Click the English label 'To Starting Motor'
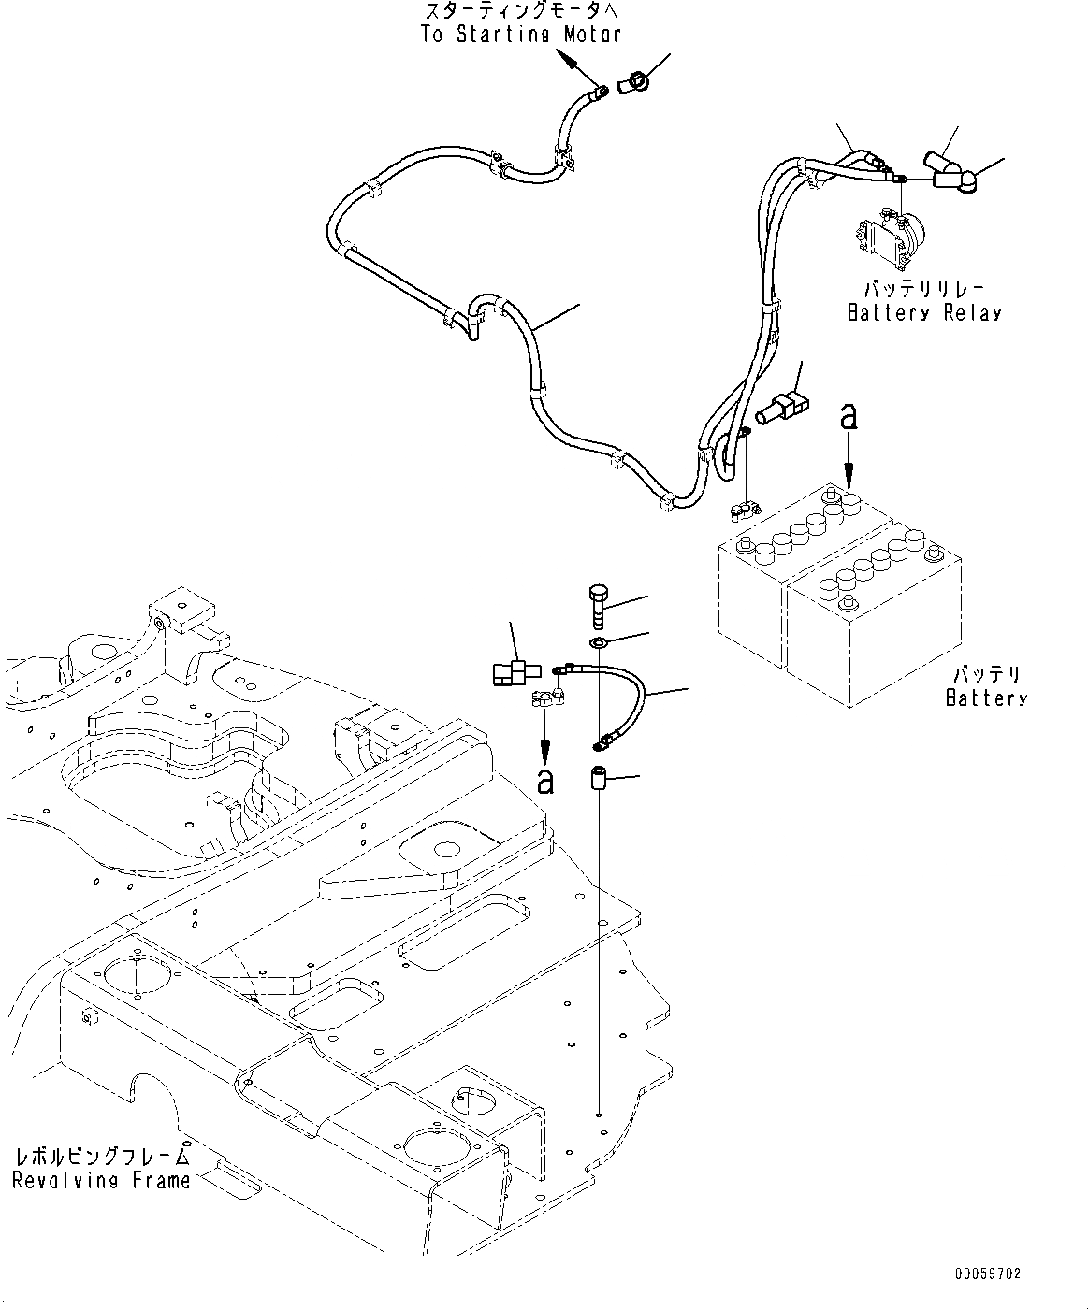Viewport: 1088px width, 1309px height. (520, 35)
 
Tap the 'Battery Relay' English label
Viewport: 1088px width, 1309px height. (923, 312)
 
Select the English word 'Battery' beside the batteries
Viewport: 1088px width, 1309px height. (986, 698)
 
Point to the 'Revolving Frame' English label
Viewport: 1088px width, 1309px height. (101, 1181)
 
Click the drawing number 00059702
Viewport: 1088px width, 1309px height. (988, 1273)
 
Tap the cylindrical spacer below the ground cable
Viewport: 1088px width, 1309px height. (599, 778)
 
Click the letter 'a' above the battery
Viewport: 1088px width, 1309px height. (849, 418)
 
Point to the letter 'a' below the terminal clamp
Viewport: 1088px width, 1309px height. (544, 781)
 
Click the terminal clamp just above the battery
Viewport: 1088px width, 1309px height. (744, 511)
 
